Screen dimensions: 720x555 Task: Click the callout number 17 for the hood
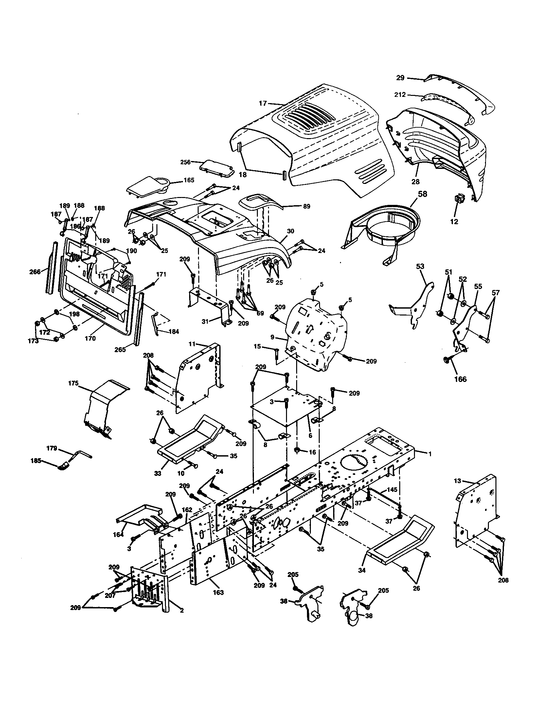(x=262, y=103)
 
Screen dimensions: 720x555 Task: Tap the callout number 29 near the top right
(x=400, y=78)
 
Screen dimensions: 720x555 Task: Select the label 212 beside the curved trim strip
(x=400, y=95)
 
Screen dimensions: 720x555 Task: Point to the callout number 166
(x=460, y=379)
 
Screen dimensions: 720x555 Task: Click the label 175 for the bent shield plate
(x=73, y=383)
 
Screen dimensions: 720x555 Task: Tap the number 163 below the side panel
(x=218, y=592)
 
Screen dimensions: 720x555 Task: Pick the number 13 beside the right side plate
(x=457, y=481)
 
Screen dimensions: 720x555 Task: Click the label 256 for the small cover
(x=186, y=162)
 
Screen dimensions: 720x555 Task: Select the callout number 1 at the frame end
(x=429, y=454)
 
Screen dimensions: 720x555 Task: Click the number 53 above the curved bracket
(x=420, y=266)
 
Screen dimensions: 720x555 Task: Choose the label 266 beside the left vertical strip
(x=35, y=272)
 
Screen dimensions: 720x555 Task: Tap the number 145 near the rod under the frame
(x=392, y=490)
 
